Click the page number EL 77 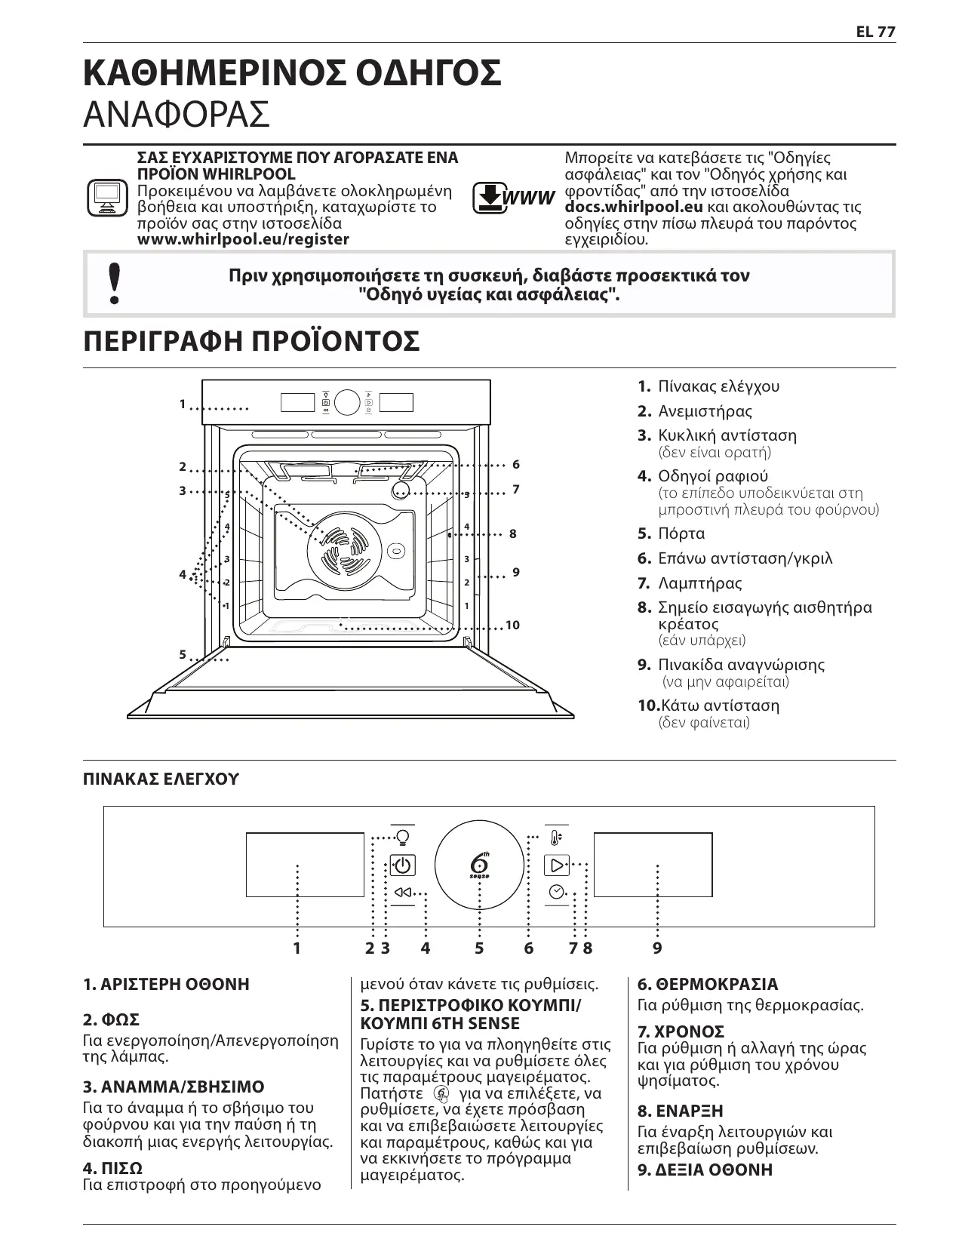tap(875, 32)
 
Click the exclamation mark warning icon tap(114, 284)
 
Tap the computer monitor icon tap(104, 198)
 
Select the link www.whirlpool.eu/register tap(243, 240)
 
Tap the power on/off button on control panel tap(403, 865)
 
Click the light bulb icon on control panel tap(403, 837)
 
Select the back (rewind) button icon tap(403, 893)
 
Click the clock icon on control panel tap(557, 891)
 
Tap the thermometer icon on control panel tap(556, 838)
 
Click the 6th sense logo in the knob tap(479, 865)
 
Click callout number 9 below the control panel tap(657, 948)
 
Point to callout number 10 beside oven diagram tap(513, 626)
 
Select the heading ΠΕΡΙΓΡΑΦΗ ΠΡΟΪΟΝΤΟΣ tap(251, 341)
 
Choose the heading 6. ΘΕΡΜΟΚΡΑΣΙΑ tap(708, 984)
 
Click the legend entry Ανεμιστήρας tap(705, 411)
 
